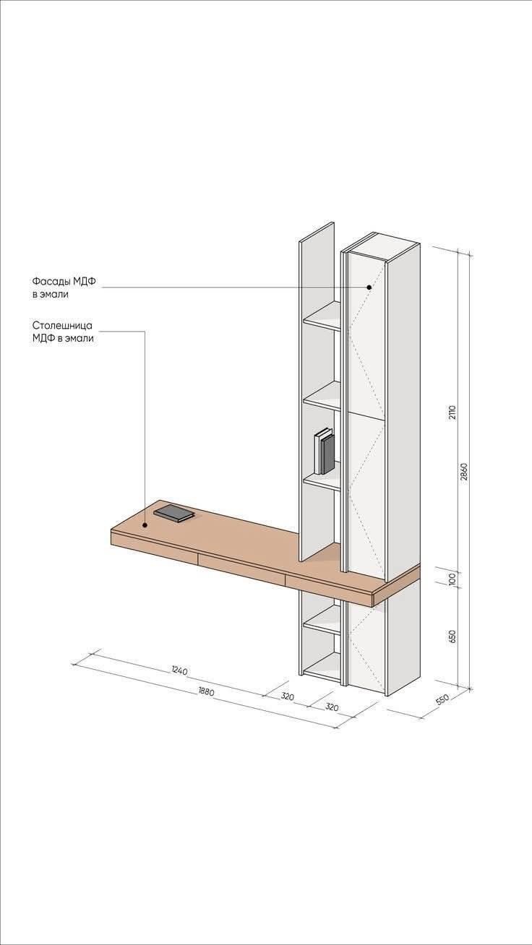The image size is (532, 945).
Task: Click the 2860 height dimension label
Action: coord(464,472)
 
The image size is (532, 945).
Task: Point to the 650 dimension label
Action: coord(452,637)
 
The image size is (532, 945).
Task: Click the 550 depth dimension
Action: coord(442,699)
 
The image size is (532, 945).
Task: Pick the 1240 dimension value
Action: coord(179,670)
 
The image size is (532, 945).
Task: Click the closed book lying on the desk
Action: coord(173,513)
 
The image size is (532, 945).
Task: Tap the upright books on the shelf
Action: coord(324,451)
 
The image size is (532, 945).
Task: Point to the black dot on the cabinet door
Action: coord(369,287)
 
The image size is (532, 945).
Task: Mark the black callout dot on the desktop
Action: coord(145,525)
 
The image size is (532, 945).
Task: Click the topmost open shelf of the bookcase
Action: coord(322,316)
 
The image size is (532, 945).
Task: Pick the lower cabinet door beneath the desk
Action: coord(366,647)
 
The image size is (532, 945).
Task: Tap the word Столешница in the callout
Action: coord(62,326)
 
